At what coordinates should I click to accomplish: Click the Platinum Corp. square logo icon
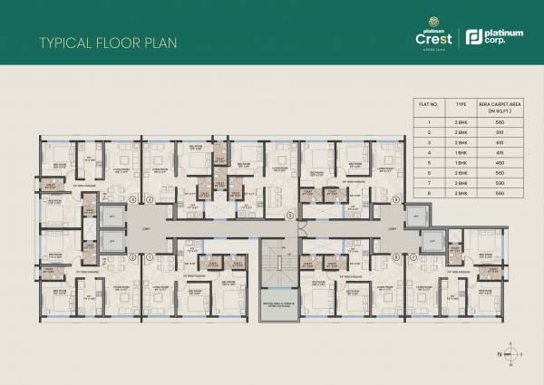pyautogui.click(x=471, y=38)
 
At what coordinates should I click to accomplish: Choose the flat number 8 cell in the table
pyautogui.click(x=424, y=193)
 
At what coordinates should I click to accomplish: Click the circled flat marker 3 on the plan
pyautogui.click(x=211, y=197)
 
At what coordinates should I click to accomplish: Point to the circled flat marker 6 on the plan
pyautogui.click(x=396, y=197)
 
